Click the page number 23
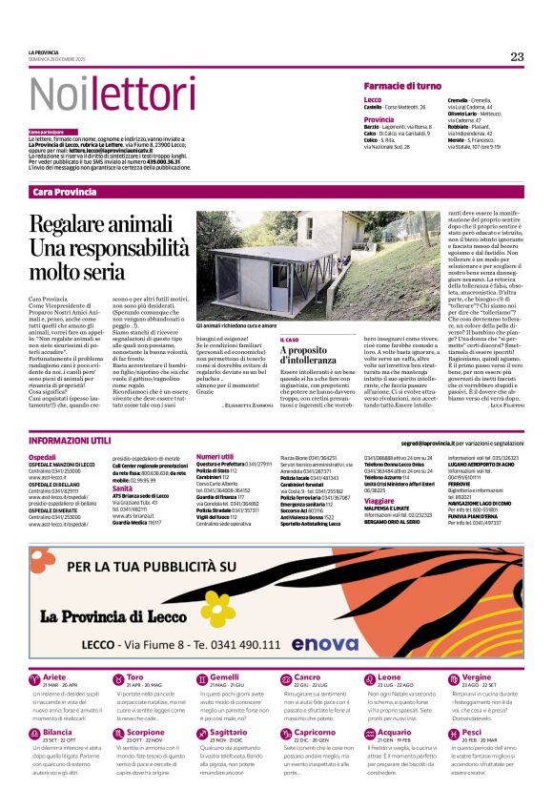[x=517, y=57]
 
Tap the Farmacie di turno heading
[x=402, y=86]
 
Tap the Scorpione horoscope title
[x=145, y=733]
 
